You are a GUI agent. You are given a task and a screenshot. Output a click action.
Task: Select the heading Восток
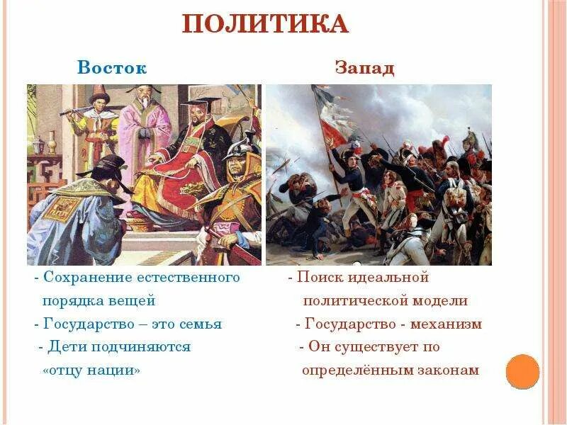tap(112, 69)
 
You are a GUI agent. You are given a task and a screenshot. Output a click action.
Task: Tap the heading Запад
tap(364, 69)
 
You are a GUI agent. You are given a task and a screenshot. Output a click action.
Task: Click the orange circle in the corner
tap(524, 371)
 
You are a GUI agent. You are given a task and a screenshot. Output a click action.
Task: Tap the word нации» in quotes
tap(116, 370)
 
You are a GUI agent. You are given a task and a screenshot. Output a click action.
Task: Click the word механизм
tap(449, 324)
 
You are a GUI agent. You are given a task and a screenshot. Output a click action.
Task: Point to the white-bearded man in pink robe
tap(144, 131)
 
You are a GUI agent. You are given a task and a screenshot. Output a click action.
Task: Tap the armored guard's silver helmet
tap(242, 149)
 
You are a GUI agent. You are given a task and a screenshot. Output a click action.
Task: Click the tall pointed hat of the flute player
tap(99, 96)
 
